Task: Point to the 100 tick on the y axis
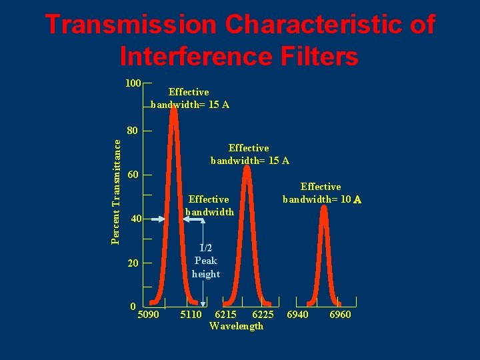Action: [x=133, y=83]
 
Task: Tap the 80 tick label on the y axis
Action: [x=133, y=131]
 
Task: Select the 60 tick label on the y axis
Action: [x=133, y=175]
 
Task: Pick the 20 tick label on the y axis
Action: [x=133, y=263]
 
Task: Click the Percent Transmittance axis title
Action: [x=116, y=191]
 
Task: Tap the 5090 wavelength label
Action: [x=147, y=314]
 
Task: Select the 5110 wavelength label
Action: [x=191, y=314]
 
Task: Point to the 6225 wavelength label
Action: [x=263, y=314]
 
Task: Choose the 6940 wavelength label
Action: [x=297, y=314]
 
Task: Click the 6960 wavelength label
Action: [x=340, y=314]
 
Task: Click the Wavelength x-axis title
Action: [x=236, y=326]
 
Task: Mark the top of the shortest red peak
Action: [x=324, y=207]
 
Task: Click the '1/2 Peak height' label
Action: [x=205, y=261]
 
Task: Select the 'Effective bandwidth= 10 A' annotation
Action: [x=322, y=193]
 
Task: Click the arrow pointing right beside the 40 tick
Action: [x=155, y=219]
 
